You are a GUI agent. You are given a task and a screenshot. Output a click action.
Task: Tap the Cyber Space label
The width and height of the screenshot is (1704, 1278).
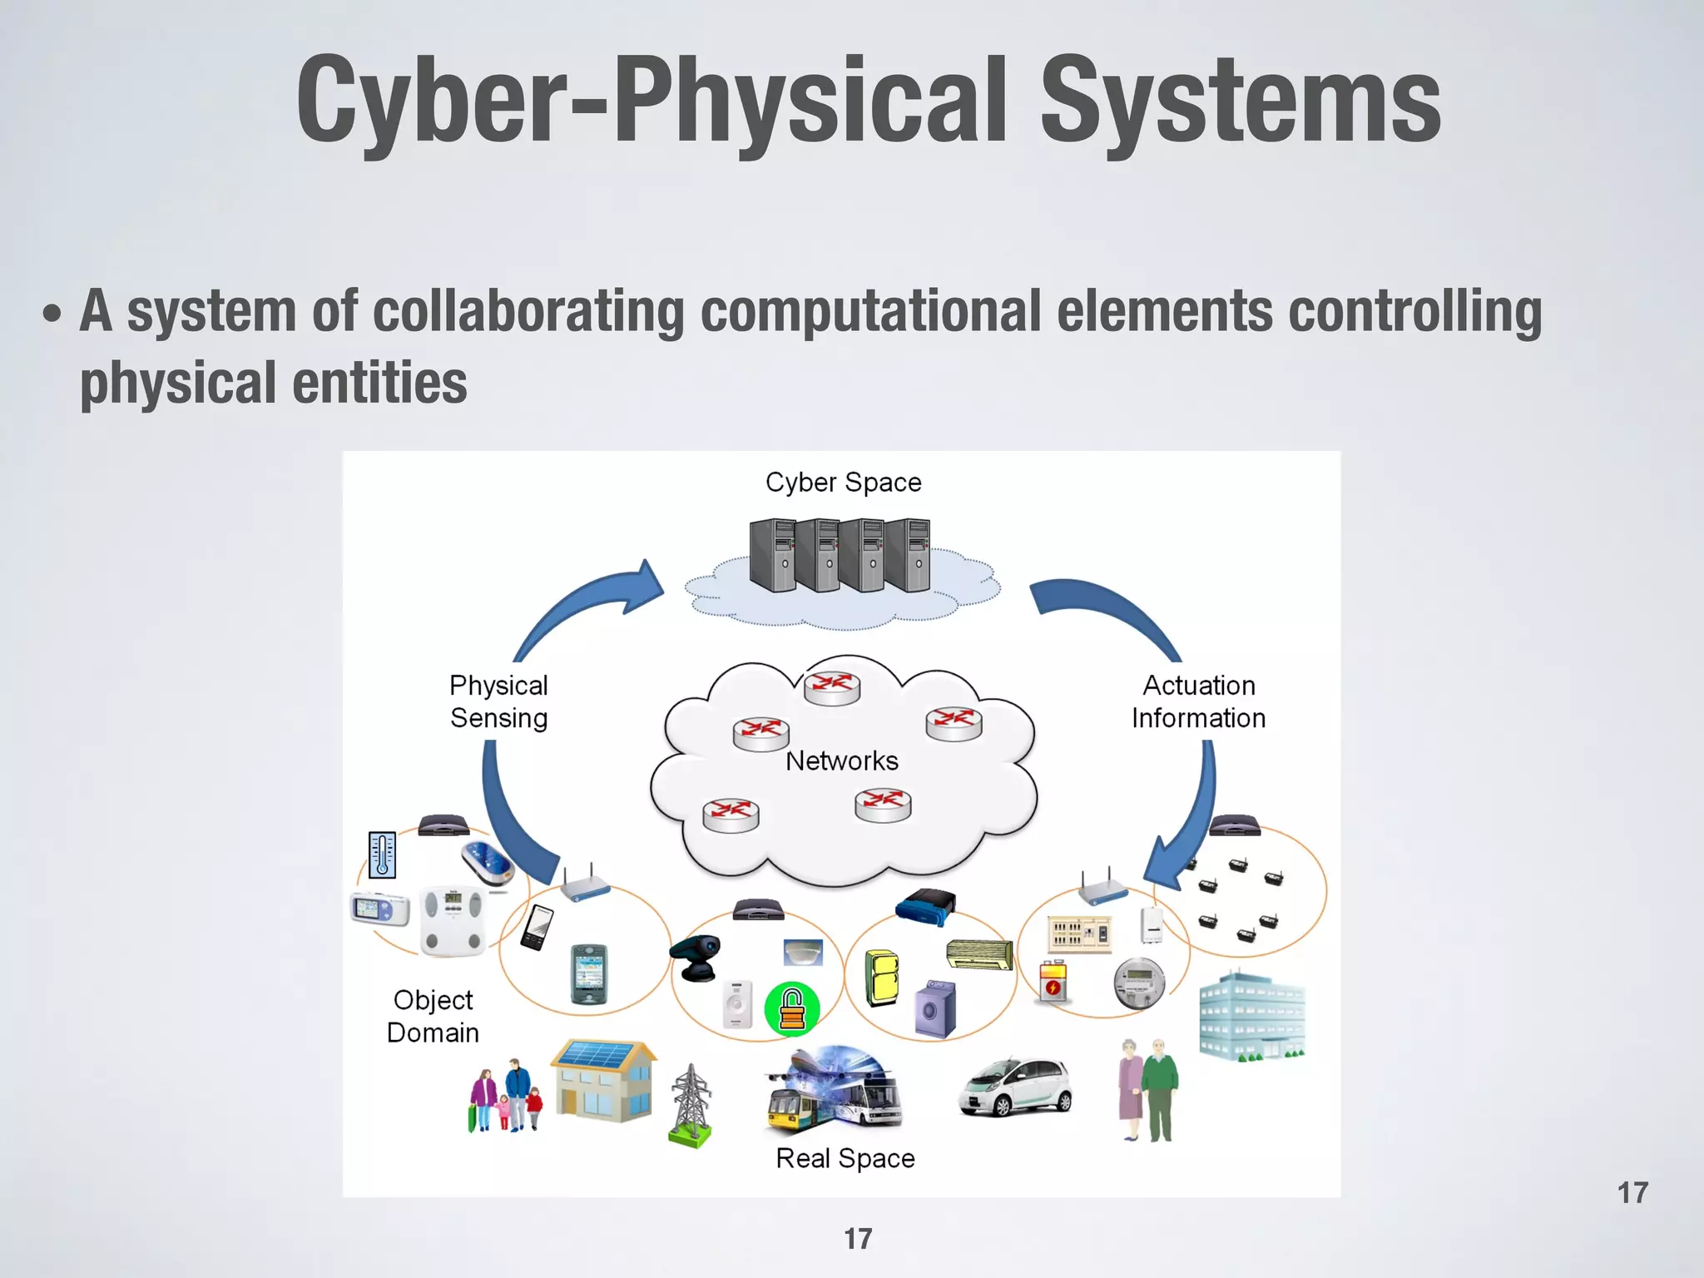pyautogui.click(x=843, y=483)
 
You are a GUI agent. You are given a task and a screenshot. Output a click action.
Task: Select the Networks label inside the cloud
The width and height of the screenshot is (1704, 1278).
pyautogui.click(x=841, y=760)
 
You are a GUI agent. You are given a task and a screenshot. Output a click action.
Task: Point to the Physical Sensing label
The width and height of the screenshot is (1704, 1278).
pyautogui.click(x=498, y=701)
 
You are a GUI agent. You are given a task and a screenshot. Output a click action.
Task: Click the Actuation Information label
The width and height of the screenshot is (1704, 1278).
pyautogui.click(x=1198, y=701)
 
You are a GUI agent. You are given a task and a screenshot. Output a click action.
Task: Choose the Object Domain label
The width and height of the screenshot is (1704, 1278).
pyautogui.click(x=433, y=1016)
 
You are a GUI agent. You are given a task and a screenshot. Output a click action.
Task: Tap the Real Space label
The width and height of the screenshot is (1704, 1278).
pyautogui.click(x=845, y=1158)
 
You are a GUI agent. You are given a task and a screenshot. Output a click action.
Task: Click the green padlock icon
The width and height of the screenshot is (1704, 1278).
pyautogui.click(x=792, y=1009)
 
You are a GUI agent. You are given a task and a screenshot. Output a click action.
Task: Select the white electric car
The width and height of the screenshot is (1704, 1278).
pyautogui.click(x=1016, y=1086)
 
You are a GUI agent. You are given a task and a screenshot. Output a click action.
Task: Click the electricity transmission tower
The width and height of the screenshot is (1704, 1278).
pyautogui.click(x=691, y=1106)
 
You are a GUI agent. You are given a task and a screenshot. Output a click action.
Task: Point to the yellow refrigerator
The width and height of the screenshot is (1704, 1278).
pyautogui.click(x=882, y=978)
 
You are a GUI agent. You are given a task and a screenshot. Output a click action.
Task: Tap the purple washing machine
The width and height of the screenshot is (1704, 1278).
pyautogui.click(x=935, y=1008)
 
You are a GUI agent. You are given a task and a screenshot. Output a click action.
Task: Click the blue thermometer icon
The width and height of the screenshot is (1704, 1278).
pyautogui.click(x=382, y=854)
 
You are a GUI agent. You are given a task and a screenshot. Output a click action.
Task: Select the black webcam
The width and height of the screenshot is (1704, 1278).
pyautogui.click(x=697, y=957)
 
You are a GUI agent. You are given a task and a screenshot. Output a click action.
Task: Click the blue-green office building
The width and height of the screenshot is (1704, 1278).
pyautogui.click(x=1251, y=1017)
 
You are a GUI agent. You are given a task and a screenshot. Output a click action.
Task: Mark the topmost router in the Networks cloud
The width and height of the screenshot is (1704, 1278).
pyautogui.click(x=832, y=687)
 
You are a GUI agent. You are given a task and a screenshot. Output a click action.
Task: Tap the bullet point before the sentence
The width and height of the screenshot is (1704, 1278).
pyautogui.click(x=52, y=314)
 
